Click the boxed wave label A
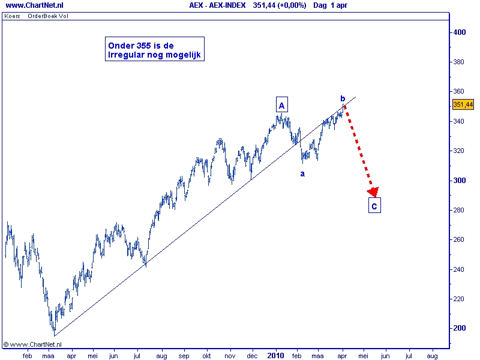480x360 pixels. (281, 105)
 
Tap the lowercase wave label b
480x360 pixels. (343, 99)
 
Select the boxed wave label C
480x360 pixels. (374, 206)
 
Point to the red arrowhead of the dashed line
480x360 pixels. (373, 192)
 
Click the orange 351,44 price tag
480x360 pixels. (463, 104)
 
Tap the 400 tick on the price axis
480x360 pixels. (460, 32)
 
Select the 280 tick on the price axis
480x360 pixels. (460, 210)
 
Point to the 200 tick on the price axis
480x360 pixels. (460, 328)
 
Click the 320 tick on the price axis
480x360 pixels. (460, 151)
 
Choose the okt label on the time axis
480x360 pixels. (207, 355)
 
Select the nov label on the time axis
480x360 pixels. (229, 355)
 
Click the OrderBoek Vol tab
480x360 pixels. (48, 16)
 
